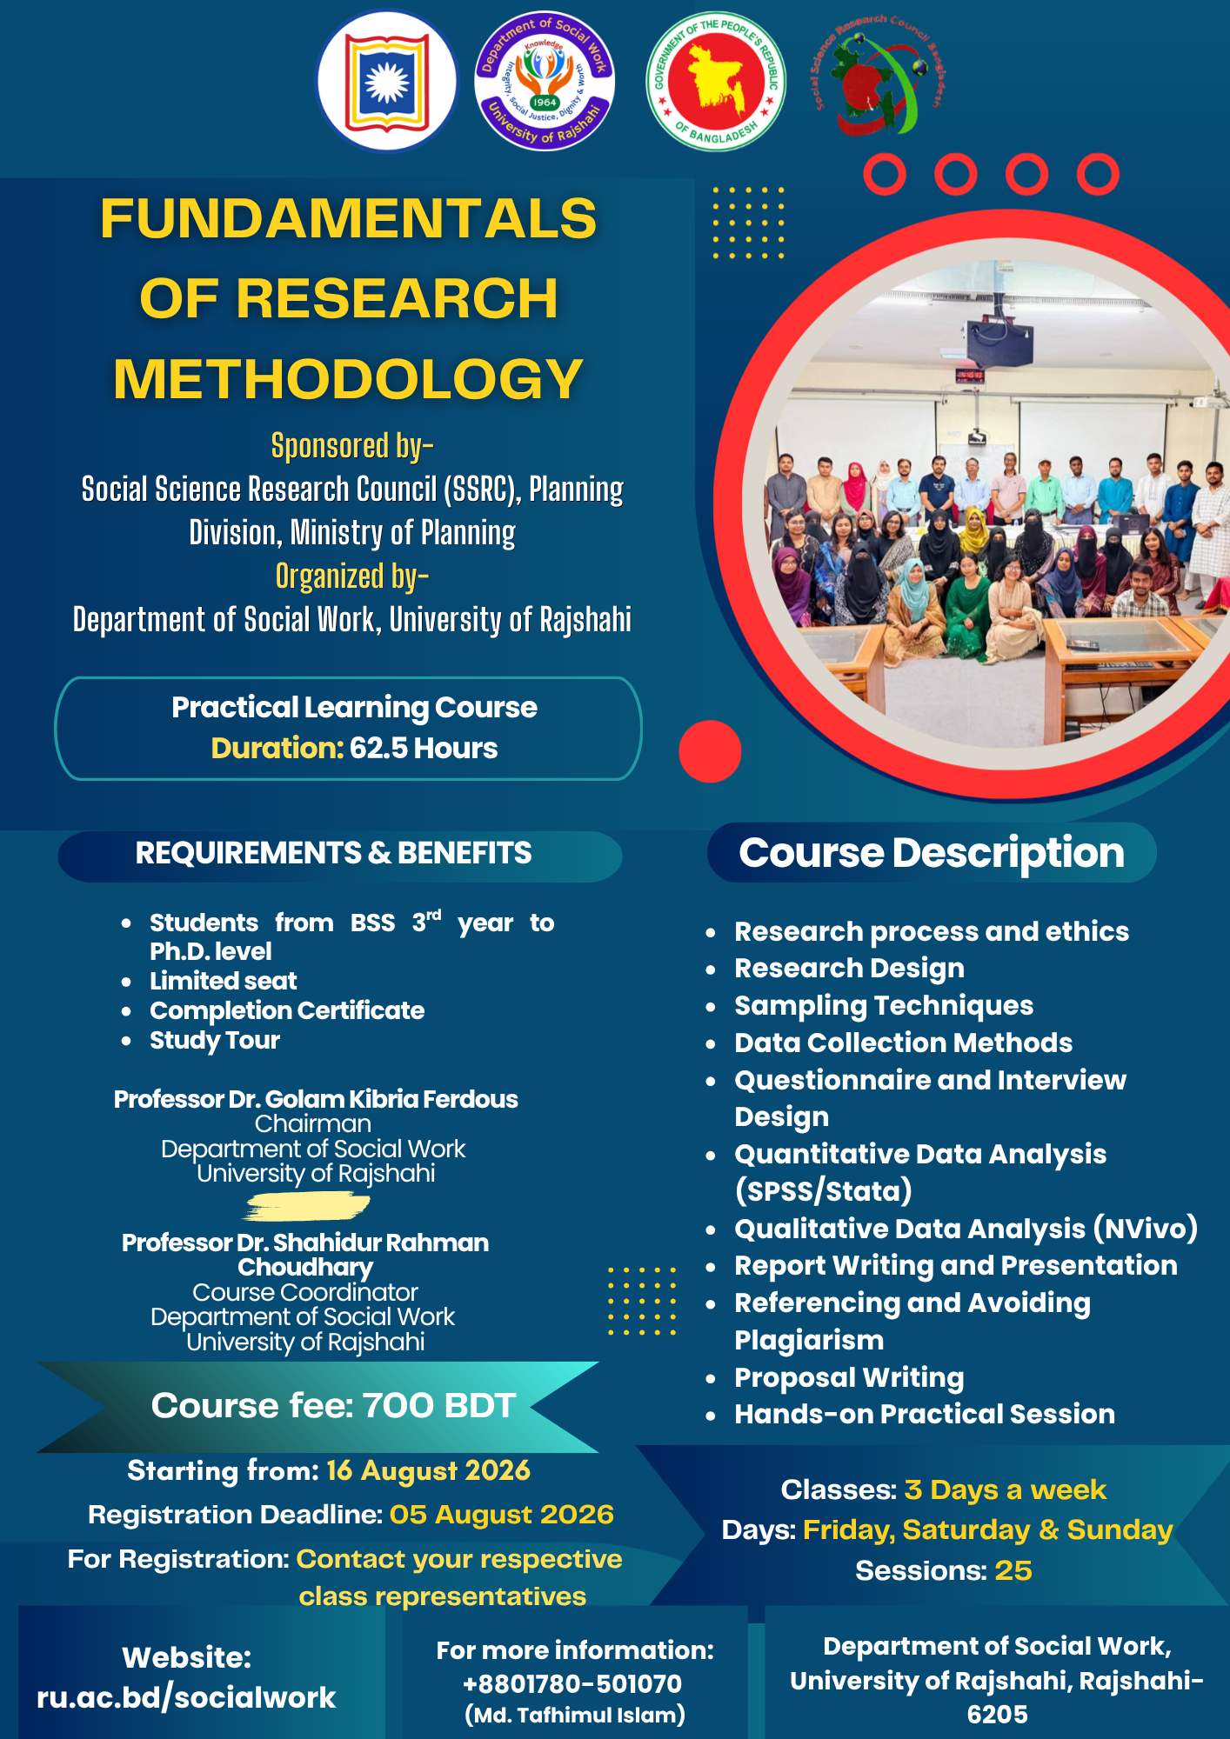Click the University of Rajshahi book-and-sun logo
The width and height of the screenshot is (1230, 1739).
click(386, 81)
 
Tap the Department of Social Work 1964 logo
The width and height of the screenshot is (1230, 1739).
click(545, 81)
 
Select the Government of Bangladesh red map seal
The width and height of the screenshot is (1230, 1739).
click(716, 81)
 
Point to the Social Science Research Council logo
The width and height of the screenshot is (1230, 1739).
click(879, 78)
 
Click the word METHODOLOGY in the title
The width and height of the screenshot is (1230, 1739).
click(348, 379)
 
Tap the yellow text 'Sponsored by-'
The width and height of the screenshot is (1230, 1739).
click(352, 446)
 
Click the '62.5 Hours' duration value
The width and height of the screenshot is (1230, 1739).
click(424, 748)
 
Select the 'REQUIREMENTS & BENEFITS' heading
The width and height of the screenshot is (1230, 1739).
click(333, 853)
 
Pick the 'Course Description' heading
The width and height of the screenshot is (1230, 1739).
click(932, 853)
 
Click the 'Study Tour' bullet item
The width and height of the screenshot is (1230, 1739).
click(215, 1041)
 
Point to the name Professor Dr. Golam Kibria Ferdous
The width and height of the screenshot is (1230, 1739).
click(316, 1099)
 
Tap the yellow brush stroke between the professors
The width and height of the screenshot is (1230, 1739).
click(307, 1206)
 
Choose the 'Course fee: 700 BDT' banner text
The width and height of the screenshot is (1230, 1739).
click(334, 1406)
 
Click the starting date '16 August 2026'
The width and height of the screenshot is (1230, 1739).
click(428, 1470)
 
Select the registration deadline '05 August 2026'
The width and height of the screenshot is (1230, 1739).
click(502, 1515)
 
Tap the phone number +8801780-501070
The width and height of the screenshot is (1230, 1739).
click(572, 1684)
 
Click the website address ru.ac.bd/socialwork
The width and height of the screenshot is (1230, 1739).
click(186, 1697)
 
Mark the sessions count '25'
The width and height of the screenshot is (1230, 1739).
click(1013, 1570)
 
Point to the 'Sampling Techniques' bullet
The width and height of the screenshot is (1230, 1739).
click(884, 1006)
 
